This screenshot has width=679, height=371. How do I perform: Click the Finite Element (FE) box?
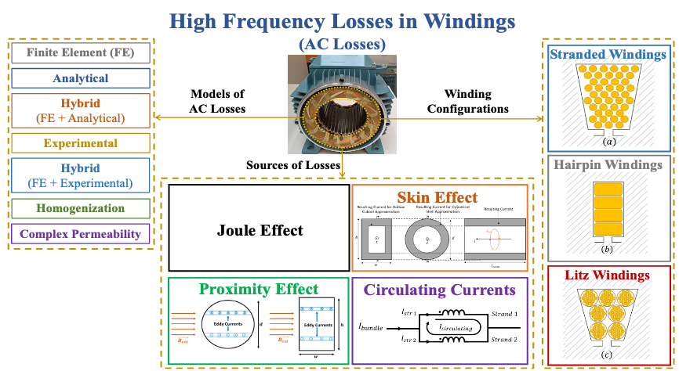(x=81, y=54)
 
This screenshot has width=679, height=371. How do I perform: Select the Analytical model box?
(x=81, y=78)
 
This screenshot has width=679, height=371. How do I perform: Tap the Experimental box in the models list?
(x=81, y=143)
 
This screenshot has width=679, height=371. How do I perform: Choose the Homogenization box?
(x=81, y=208)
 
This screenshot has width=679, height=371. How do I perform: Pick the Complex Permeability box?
(x=81, y=233)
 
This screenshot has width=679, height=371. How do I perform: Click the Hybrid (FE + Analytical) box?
(x=81, y=110)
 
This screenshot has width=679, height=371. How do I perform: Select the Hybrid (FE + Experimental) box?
(x=81, y=176)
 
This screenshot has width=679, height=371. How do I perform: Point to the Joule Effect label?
(x=260, y=230)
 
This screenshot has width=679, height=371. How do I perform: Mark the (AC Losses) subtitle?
(x=339, y=45)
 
